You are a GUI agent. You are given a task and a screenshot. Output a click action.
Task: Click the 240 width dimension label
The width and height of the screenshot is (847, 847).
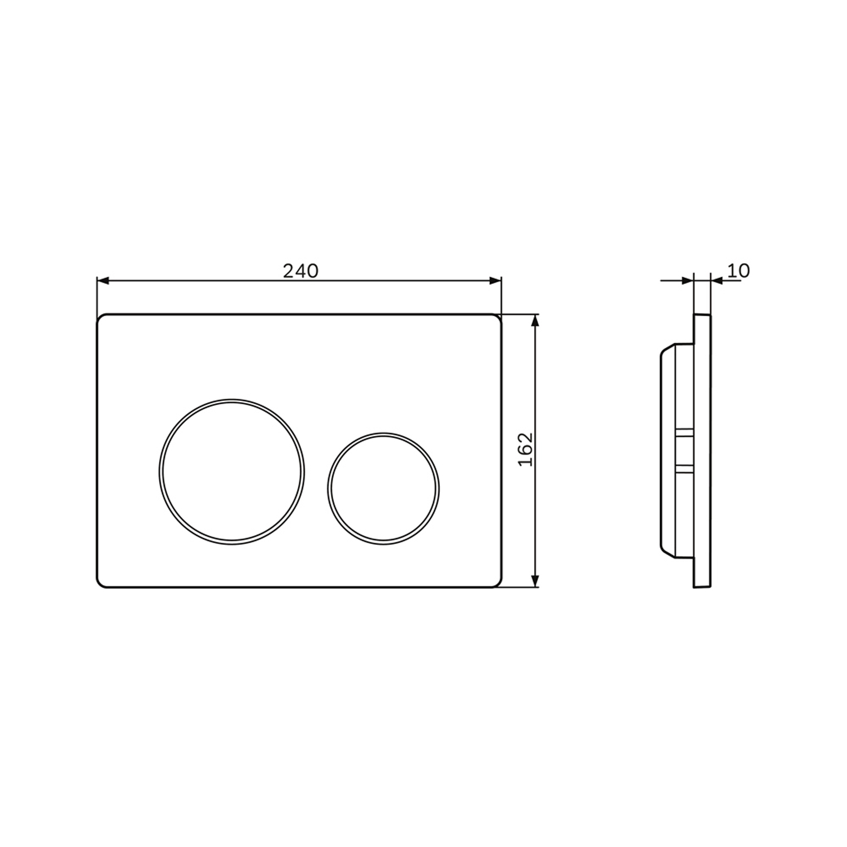click(x=300, y=271)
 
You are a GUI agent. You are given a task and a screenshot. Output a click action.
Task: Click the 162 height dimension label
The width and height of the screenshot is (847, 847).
click(x=526, y=449)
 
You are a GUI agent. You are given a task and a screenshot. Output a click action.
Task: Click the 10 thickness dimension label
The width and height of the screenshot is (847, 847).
click(x=739, y=271)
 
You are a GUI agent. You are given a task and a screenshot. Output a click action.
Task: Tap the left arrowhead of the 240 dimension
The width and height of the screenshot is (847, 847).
click(x=103, y=281)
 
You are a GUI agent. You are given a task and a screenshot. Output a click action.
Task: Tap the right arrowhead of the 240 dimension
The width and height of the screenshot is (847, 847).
click(x=495, y=281)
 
